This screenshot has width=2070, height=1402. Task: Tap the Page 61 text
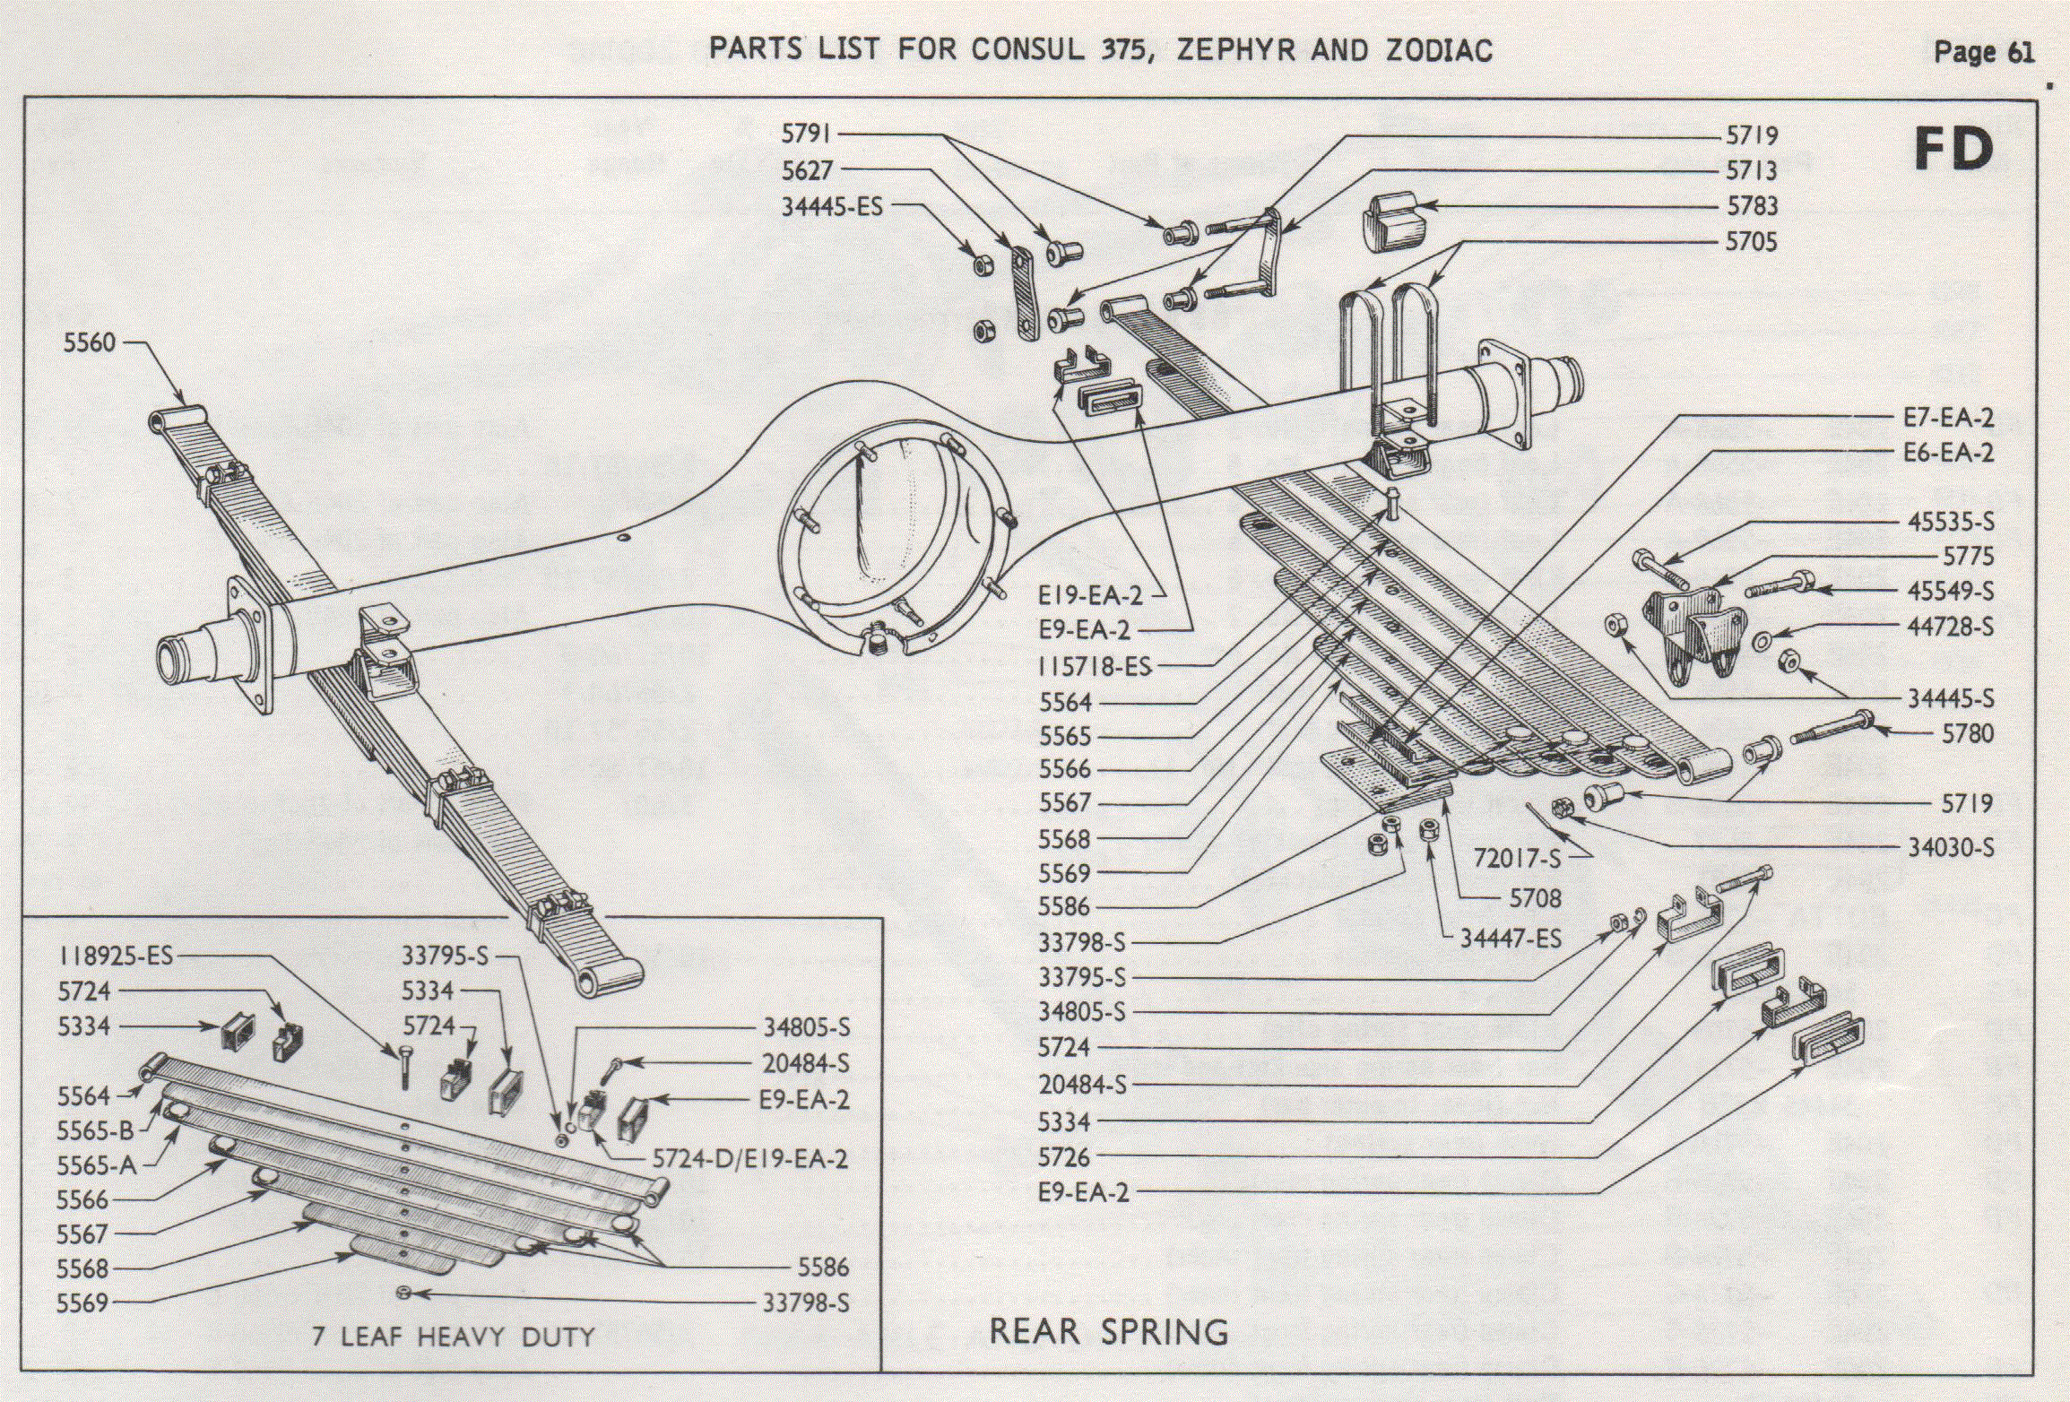1983,52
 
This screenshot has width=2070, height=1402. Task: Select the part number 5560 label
90,342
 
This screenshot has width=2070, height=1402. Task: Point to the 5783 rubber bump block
1390,221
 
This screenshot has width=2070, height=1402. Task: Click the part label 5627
807,170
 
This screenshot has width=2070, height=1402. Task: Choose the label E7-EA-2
1948,418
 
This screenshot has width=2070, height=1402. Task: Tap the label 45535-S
1950,522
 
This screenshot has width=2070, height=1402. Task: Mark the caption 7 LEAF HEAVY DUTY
454,1337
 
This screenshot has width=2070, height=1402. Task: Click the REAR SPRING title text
1108,1332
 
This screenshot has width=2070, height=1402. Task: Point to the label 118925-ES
116,956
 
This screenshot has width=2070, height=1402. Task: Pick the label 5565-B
95,1130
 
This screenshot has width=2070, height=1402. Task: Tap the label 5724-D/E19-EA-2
749,1159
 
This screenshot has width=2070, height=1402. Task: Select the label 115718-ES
1094,667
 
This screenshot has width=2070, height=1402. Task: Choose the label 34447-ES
1511,939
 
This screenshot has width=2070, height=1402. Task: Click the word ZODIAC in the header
1439,49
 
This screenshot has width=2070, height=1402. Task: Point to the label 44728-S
1950,627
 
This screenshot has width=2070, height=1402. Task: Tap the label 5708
1535,898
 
